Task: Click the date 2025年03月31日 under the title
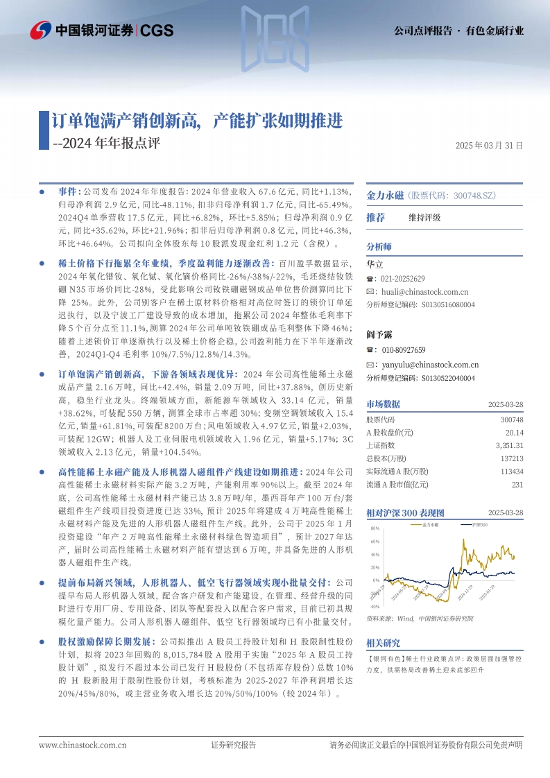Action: tap(489, 146)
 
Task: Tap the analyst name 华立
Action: tap(375, 264)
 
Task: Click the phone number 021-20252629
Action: tap(401, 278)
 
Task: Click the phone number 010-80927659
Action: tap(401, 350)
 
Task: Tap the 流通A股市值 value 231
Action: tap(517, 485)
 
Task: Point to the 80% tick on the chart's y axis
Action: tap(375, 529)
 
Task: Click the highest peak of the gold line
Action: tap(463, 539)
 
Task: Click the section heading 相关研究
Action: tap(384, 643)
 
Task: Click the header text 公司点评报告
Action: tap(422, 31)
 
